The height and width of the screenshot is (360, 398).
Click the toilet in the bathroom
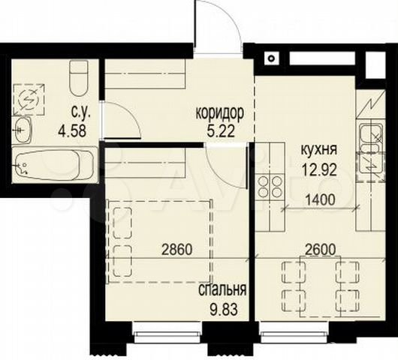click(79, 77)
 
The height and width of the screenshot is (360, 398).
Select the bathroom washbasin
click(23, 130)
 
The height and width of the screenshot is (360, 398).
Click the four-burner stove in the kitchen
click(270, 187)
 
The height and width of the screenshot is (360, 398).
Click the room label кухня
click(319, 150)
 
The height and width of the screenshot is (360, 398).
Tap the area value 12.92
click(319, 169)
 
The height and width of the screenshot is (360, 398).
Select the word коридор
click(220, 113)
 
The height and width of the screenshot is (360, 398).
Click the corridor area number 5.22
click(221, 131)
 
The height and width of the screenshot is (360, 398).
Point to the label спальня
click(222, 289)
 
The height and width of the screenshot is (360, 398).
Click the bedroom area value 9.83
click(223, 309)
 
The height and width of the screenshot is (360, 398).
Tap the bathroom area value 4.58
click(72, 131)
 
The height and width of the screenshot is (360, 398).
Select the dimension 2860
click(177, 250)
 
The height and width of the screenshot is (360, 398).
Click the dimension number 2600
click(321, 250)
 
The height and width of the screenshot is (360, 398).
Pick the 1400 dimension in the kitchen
click(320, 200)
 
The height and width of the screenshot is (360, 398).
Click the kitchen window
click(295, 333)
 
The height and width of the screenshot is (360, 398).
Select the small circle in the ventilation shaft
click(272, 58)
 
